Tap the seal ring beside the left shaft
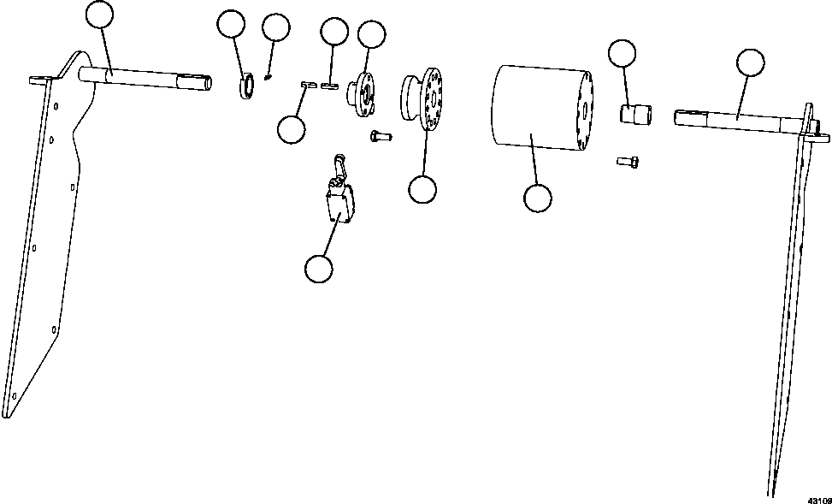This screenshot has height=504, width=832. [x=246, y=86]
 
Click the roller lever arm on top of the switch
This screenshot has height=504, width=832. [x=339, y=164]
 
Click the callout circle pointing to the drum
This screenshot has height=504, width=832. [x=537, y=198]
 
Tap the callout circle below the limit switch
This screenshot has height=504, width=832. [x=318, y=268]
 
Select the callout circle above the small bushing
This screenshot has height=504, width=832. [x=622, y=53]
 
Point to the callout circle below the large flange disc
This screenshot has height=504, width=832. [x=422, y=189]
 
